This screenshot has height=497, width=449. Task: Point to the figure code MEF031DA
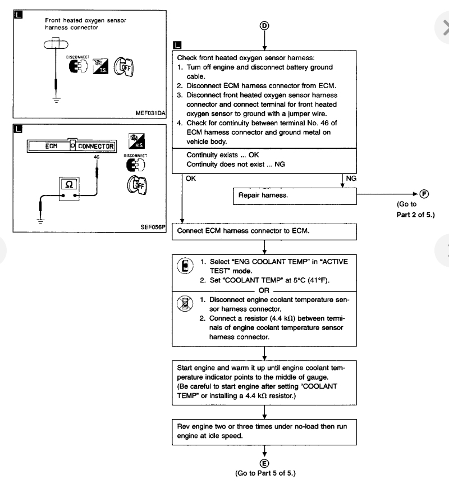point(150,113)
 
